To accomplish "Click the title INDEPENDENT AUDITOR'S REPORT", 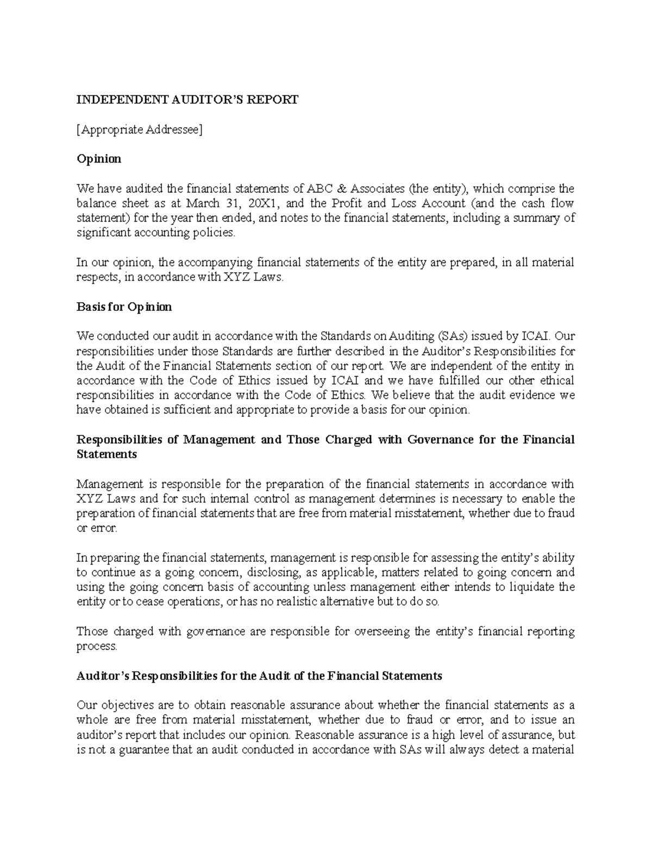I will click(x=187, y=100).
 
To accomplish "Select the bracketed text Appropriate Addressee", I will click(x=139, y=130).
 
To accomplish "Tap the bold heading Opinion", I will click(x=98, y=159).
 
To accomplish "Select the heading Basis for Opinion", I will click(x=124, y=307).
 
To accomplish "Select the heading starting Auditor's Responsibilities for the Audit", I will click(x=259, y=676).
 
